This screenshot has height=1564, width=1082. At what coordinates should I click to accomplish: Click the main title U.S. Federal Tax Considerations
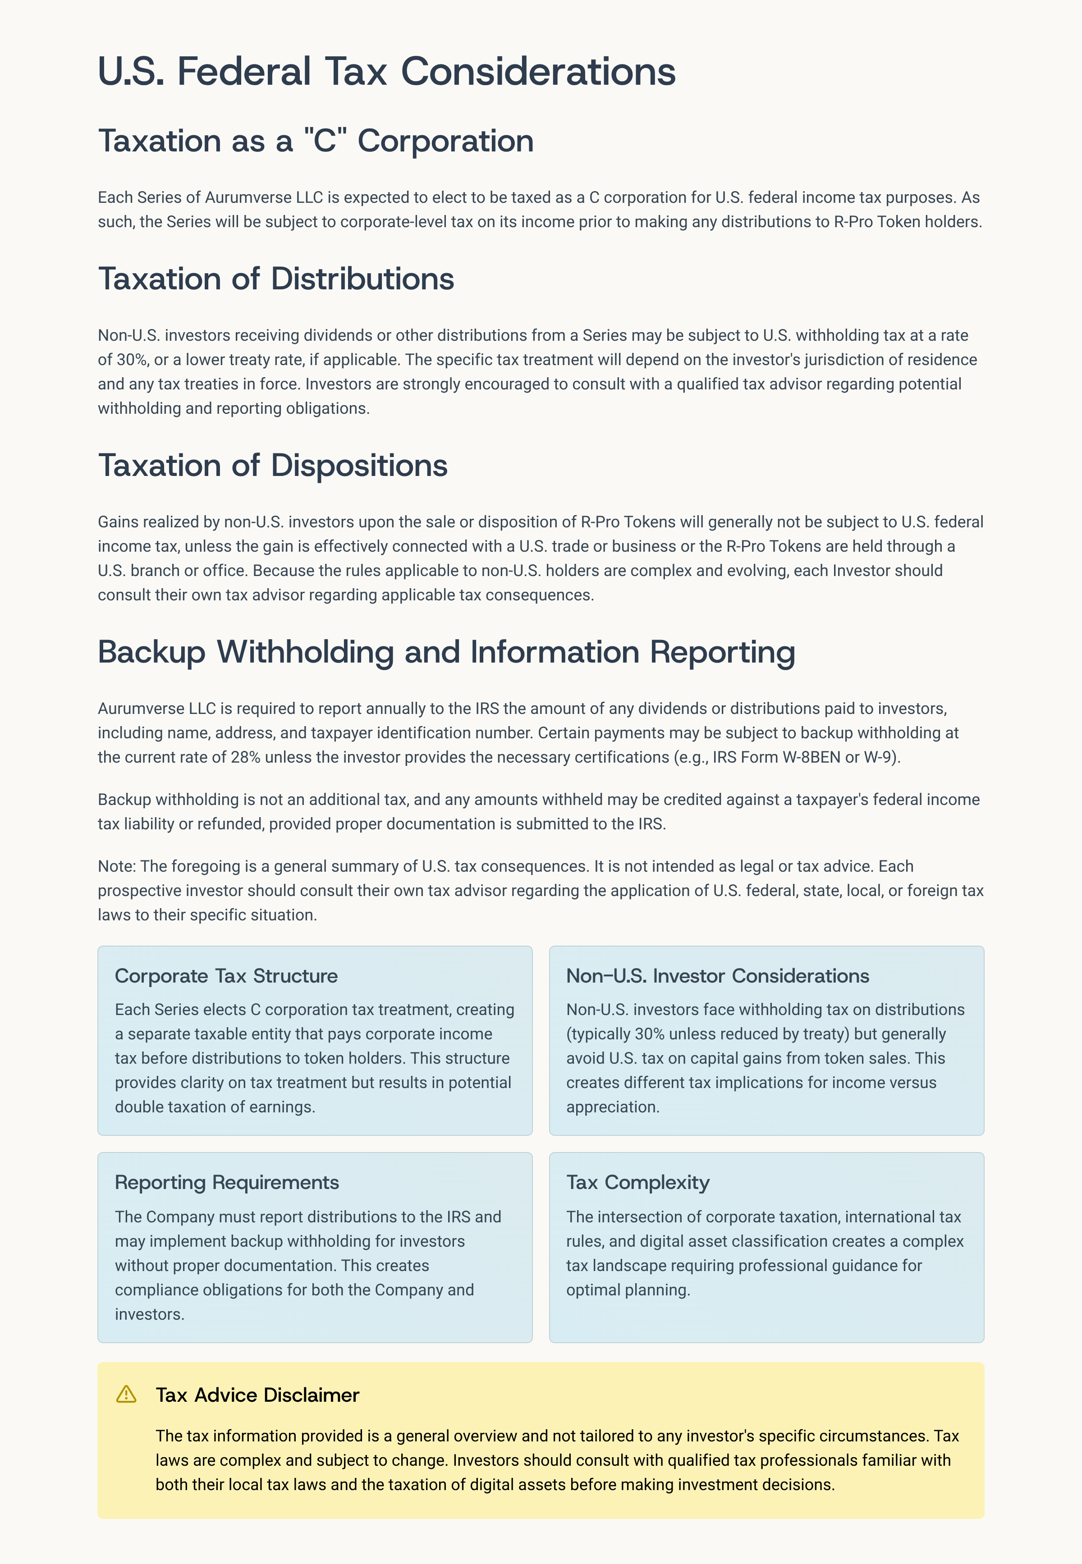point(386,71)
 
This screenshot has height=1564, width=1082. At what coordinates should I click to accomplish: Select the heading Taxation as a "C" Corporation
point(316,141)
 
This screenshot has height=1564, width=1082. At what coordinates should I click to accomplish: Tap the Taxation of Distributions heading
point(276,279)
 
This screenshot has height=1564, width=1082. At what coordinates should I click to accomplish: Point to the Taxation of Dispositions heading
point(273,466)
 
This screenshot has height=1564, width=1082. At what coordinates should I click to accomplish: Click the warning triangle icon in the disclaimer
point(126,1394)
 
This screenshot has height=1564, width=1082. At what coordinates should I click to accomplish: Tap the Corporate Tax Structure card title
point(226,976)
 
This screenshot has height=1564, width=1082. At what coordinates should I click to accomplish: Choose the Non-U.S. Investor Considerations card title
point(717,976)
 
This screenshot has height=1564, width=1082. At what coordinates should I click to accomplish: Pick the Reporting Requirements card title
point(226,1183)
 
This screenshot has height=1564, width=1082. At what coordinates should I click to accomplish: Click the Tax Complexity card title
point(637,1183)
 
